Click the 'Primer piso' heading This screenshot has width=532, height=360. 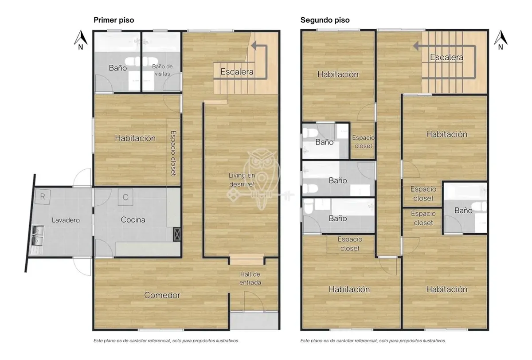(114, 20)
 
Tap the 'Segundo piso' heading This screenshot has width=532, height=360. (325, 20)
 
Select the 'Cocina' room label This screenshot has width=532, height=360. (133, 219)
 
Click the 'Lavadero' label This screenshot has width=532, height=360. (66, 220)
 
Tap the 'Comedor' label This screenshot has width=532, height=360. (162, 295)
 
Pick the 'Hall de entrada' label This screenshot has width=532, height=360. (250, 278)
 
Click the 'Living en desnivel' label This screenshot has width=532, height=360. (242, 180)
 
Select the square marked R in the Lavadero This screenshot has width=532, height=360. (43, 196)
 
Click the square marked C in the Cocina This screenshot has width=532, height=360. (125, 197)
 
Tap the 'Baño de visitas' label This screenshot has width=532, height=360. (162, 70)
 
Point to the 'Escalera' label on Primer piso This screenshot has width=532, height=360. (237, 72)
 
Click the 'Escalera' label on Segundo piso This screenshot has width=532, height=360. (446, 57)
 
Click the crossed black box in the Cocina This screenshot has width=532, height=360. (177, 235)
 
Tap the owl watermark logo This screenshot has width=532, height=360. (261, 179)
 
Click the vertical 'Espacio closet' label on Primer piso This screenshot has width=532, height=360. (173, 153)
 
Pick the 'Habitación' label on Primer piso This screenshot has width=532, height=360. (135, 138)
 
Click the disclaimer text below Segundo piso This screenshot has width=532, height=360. (373, 340)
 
